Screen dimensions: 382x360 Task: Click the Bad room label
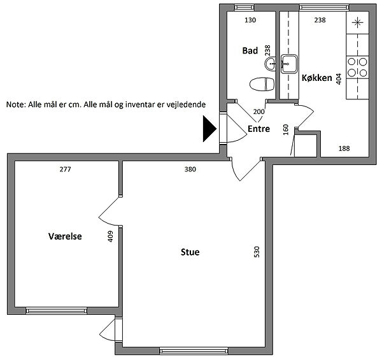tap(250, 51)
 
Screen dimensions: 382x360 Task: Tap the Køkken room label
tap(316, 78)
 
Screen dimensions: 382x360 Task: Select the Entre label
tap(258, 129)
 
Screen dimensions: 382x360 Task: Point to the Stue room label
tap(190, 252)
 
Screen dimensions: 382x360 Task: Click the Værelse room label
tap(65, 236)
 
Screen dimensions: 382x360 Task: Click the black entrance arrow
tap(209, 129)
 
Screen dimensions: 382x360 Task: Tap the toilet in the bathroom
tap(262, 84)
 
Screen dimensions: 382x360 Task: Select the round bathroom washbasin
tap(270, 64)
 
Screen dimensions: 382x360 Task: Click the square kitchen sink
tap(289, 64)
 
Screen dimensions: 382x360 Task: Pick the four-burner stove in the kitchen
tap(357, 67)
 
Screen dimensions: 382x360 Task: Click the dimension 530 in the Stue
tap(257, 252)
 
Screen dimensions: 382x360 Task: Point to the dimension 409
tap(110, 236)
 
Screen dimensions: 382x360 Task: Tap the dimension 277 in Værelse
tap(65, 169)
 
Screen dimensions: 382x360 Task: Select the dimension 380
tap(190, 169)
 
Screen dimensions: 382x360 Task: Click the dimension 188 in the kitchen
tap(344, 148)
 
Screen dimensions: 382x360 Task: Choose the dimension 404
tap(339, 79)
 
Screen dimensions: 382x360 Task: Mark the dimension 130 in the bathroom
tap(250, 20)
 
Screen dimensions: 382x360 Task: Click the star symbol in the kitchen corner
tap(357, 23)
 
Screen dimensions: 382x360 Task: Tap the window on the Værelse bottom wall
tap(56, 310)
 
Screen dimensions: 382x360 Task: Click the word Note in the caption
tap(16, 104)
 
